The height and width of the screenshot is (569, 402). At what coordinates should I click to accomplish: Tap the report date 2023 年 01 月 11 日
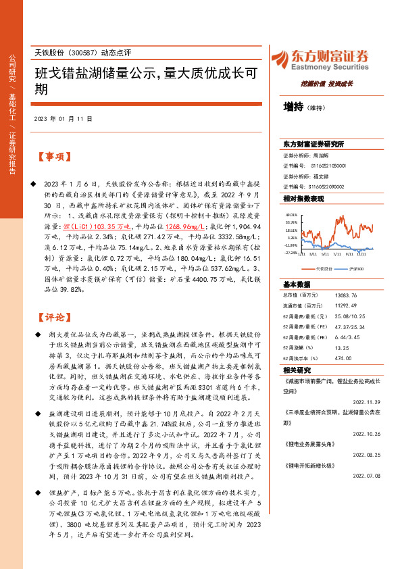pos(63,119)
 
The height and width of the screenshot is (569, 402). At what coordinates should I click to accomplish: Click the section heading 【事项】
pos(54,157)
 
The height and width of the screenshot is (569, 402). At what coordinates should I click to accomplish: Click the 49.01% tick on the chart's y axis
pos(291,214)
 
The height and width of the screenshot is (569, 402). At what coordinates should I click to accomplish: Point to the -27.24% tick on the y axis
pos(291,253)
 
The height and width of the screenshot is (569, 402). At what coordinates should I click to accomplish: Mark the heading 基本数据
pos(296,284)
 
